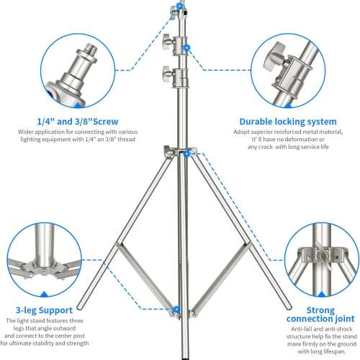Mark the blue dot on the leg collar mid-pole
click(x=186, y=153)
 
